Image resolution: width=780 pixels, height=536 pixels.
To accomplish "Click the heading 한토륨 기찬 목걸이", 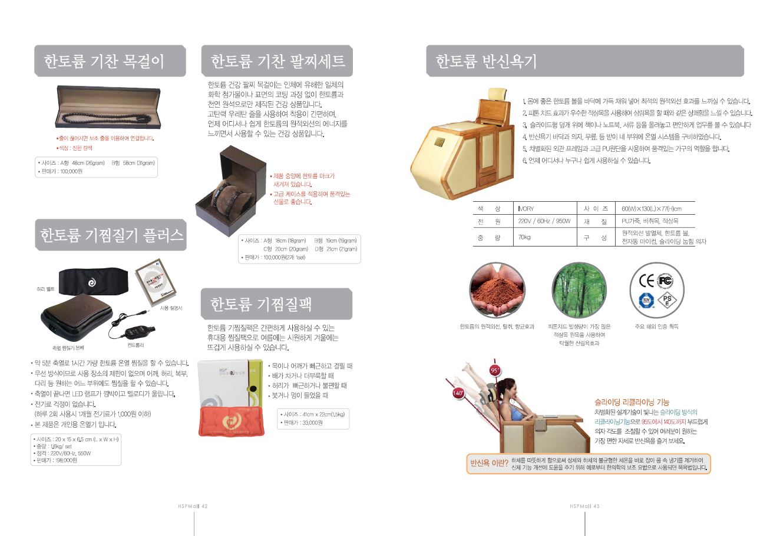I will tap(104, 61).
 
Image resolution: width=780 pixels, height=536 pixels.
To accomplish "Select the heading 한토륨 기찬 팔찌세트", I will tap(277, 61).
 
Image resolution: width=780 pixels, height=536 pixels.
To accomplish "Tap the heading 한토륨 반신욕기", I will tap(486, 61).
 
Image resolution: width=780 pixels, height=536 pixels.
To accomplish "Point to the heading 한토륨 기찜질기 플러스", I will tap(111, 235).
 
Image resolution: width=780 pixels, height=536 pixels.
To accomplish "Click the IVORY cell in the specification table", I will tap(526, 209).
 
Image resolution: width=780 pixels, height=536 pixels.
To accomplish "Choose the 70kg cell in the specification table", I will tap(524, 238).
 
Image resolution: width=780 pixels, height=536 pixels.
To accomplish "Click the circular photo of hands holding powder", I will tap(497, 290).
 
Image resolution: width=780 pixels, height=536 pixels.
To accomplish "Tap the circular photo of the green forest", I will tap(579, 290).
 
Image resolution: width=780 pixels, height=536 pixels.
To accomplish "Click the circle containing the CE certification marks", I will tap(657, 290).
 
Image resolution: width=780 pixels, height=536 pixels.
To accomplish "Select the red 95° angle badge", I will tap(494, 370).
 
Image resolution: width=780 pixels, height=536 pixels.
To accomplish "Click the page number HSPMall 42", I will tap(193, 506).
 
